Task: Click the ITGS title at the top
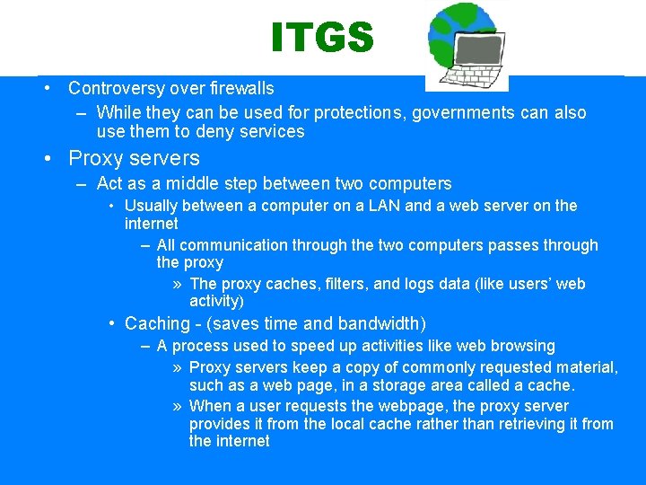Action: click(322, 38)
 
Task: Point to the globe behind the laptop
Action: click(449, 27)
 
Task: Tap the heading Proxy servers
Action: click(135, 158)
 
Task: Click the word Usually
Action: click(151, 206)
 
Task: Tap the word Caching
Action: click(157, 323)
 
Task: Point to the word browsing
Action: click(521, 346)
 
